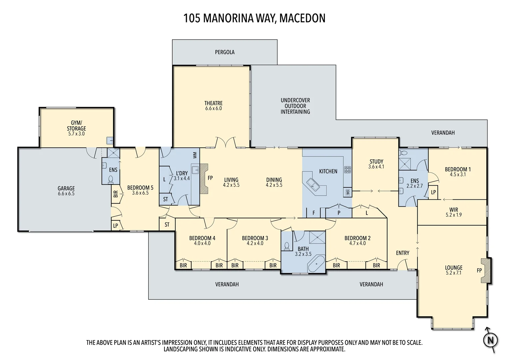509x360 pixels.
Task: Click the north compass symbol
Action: [490, 340]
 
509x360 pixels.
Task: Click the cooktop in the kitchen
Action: [347, 170]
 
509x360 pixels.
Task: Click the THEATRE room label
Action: [213, 103]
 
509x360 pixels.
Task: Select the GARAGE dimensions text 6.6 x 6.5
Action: [66, 194]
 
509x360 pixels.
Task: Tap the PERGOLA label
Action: [225, 52]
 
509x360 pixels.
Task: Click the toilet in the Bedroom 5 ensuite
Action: [111, 180]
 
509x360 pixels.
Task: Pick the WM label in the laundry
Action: [195, 155]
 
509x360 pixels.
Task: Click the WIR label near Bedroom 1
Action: [453, 210]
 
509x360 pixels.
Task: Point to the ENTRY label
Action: [402, 253]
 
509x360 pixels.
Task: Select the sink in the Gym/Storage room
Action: [110, 141]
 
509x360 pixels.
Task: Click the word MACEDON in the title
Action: [302, 18]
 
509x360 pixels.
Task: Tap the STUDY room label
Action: [376, 161]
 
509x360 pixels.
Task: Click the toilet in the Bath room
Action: [287, 246]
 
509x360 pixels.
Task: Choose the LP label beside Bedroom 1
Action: [433, 192]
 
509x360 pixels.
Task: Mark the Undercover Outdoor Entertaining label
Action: [295, 106]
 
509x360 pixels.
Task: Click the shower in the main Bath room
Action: [317, 238]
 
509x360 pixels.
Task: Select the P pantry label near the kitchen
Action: [339, 213]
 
